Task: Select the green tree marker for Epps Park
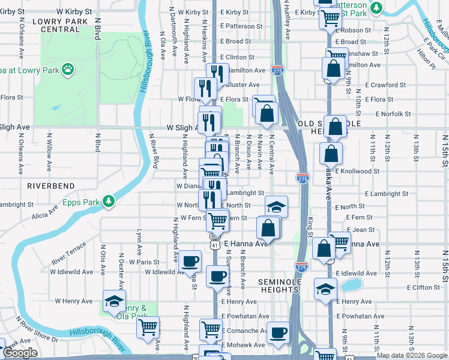[x=109, y=200]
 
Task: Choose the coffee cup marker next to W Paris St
[x=190, y=260]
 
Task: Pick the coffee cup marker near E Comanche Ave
[x=277, y=333]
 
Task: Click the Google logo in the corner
[x=20, y=353]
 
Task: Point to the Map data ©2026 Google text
[x=411, y=355]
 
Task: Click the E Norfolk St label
[x=393, y=113]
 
